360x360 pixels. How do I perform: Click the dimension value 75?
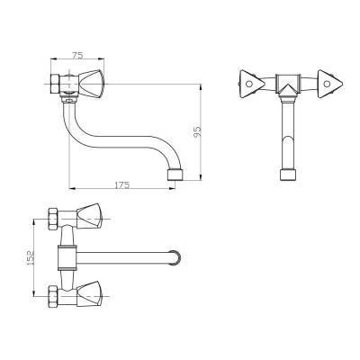(77, 55)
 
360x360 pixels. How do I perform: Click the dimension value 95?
(197, 132)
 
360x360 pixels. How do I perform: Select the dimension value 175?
(122, 185)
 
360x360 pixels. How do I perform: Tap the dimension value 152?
(31, 257)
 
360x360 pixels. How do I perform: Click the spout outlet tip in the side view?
(175, 175)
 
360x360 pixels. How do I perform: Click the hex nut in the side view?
(55, 84)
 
